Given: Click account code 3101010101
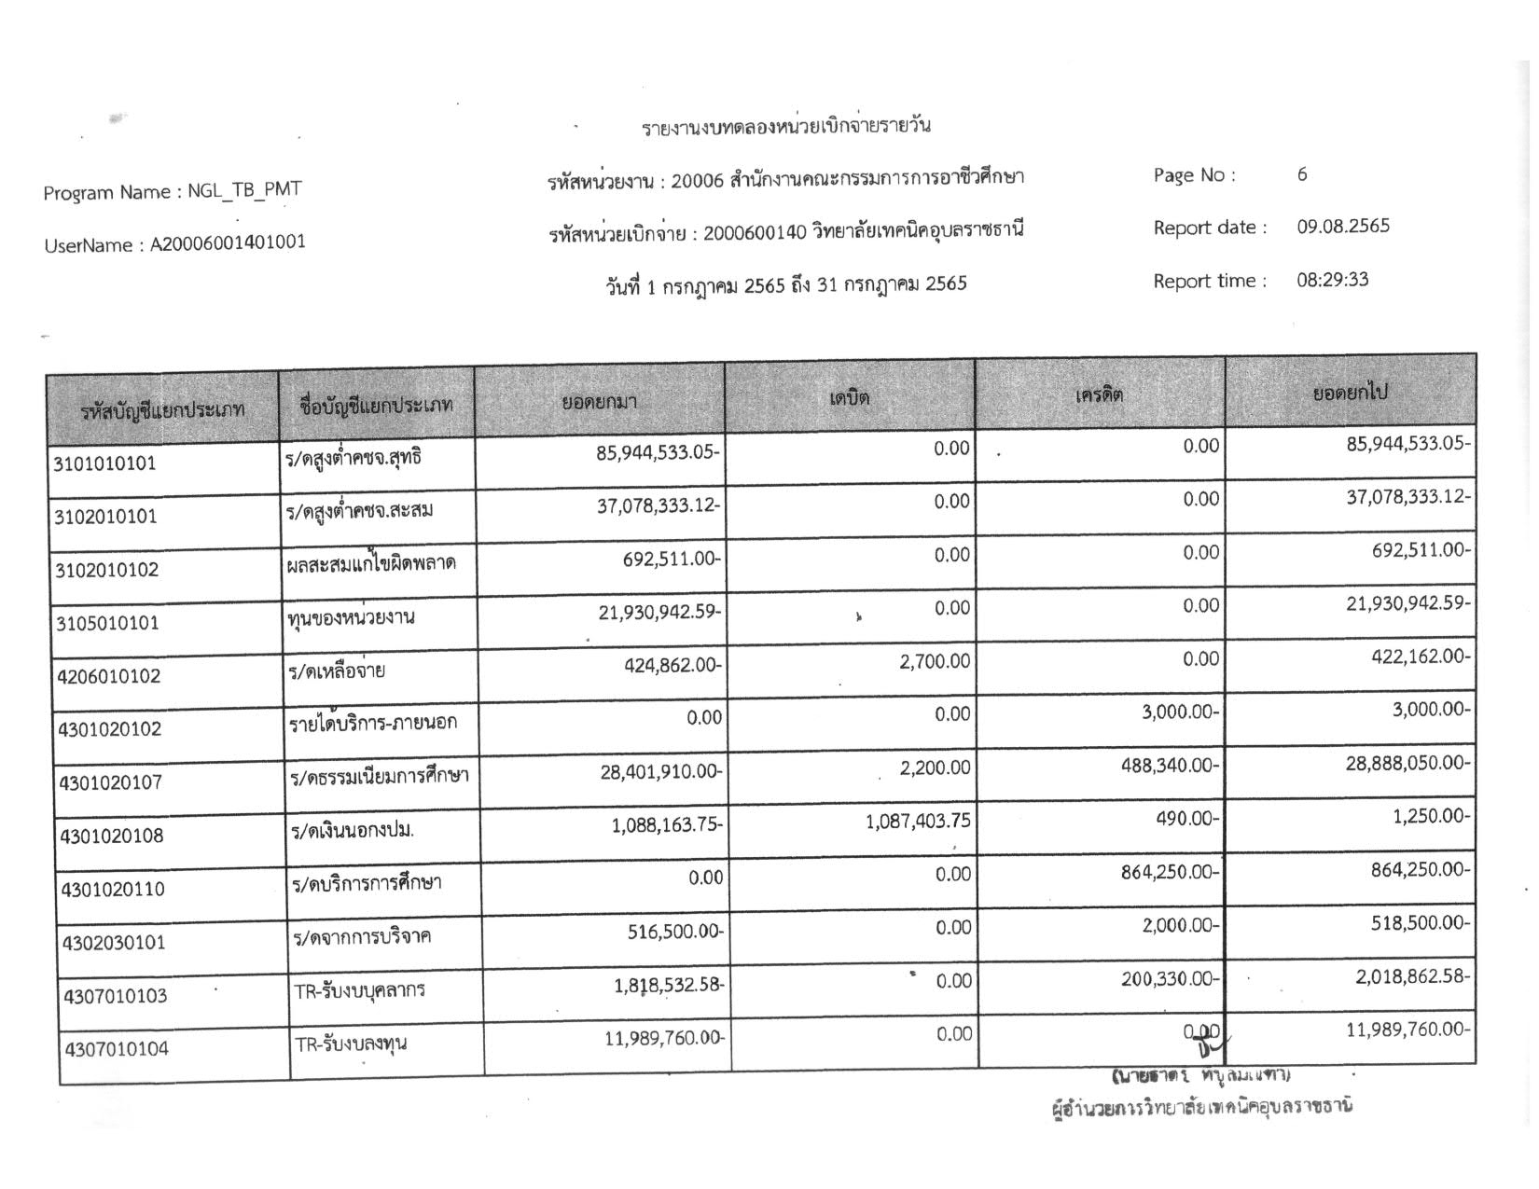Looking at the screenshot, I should tap(104, 463).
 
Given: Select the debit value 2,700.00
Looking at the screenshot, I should tap(935, 661).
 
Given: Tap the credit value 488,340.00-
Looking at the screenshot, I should tap(1171, 766).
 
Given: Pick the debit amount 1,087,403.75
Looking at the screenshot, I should tap(918, 821).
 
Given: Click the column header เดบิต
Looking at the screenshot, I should tap(849, 397).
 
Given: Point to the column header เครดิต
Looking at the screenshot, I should tap(1100, 394).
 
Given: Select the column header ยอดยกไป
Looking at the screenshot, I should tap(1350, 393).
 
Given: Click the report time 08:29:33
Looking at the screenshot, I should tap(1332, 280).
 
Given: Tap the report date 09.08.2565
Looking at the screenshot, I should tap(1342, 227).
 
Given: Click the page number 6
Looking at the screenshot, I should tap(1302, 174).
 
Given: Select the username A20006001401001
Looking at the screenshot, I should tap(228, 243).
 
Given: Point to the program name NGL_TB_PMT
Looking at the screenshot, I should tap(244, 190).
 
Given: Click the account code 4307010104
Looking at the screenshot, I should tap(117, 1049).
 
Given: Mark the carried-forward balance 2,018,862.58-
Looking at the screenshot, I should tap(1413, 976).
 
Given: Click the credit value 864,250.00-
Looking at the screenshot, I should tap(1171, 873).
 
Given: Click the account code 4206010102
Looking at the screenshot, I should tap(108, 676).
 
